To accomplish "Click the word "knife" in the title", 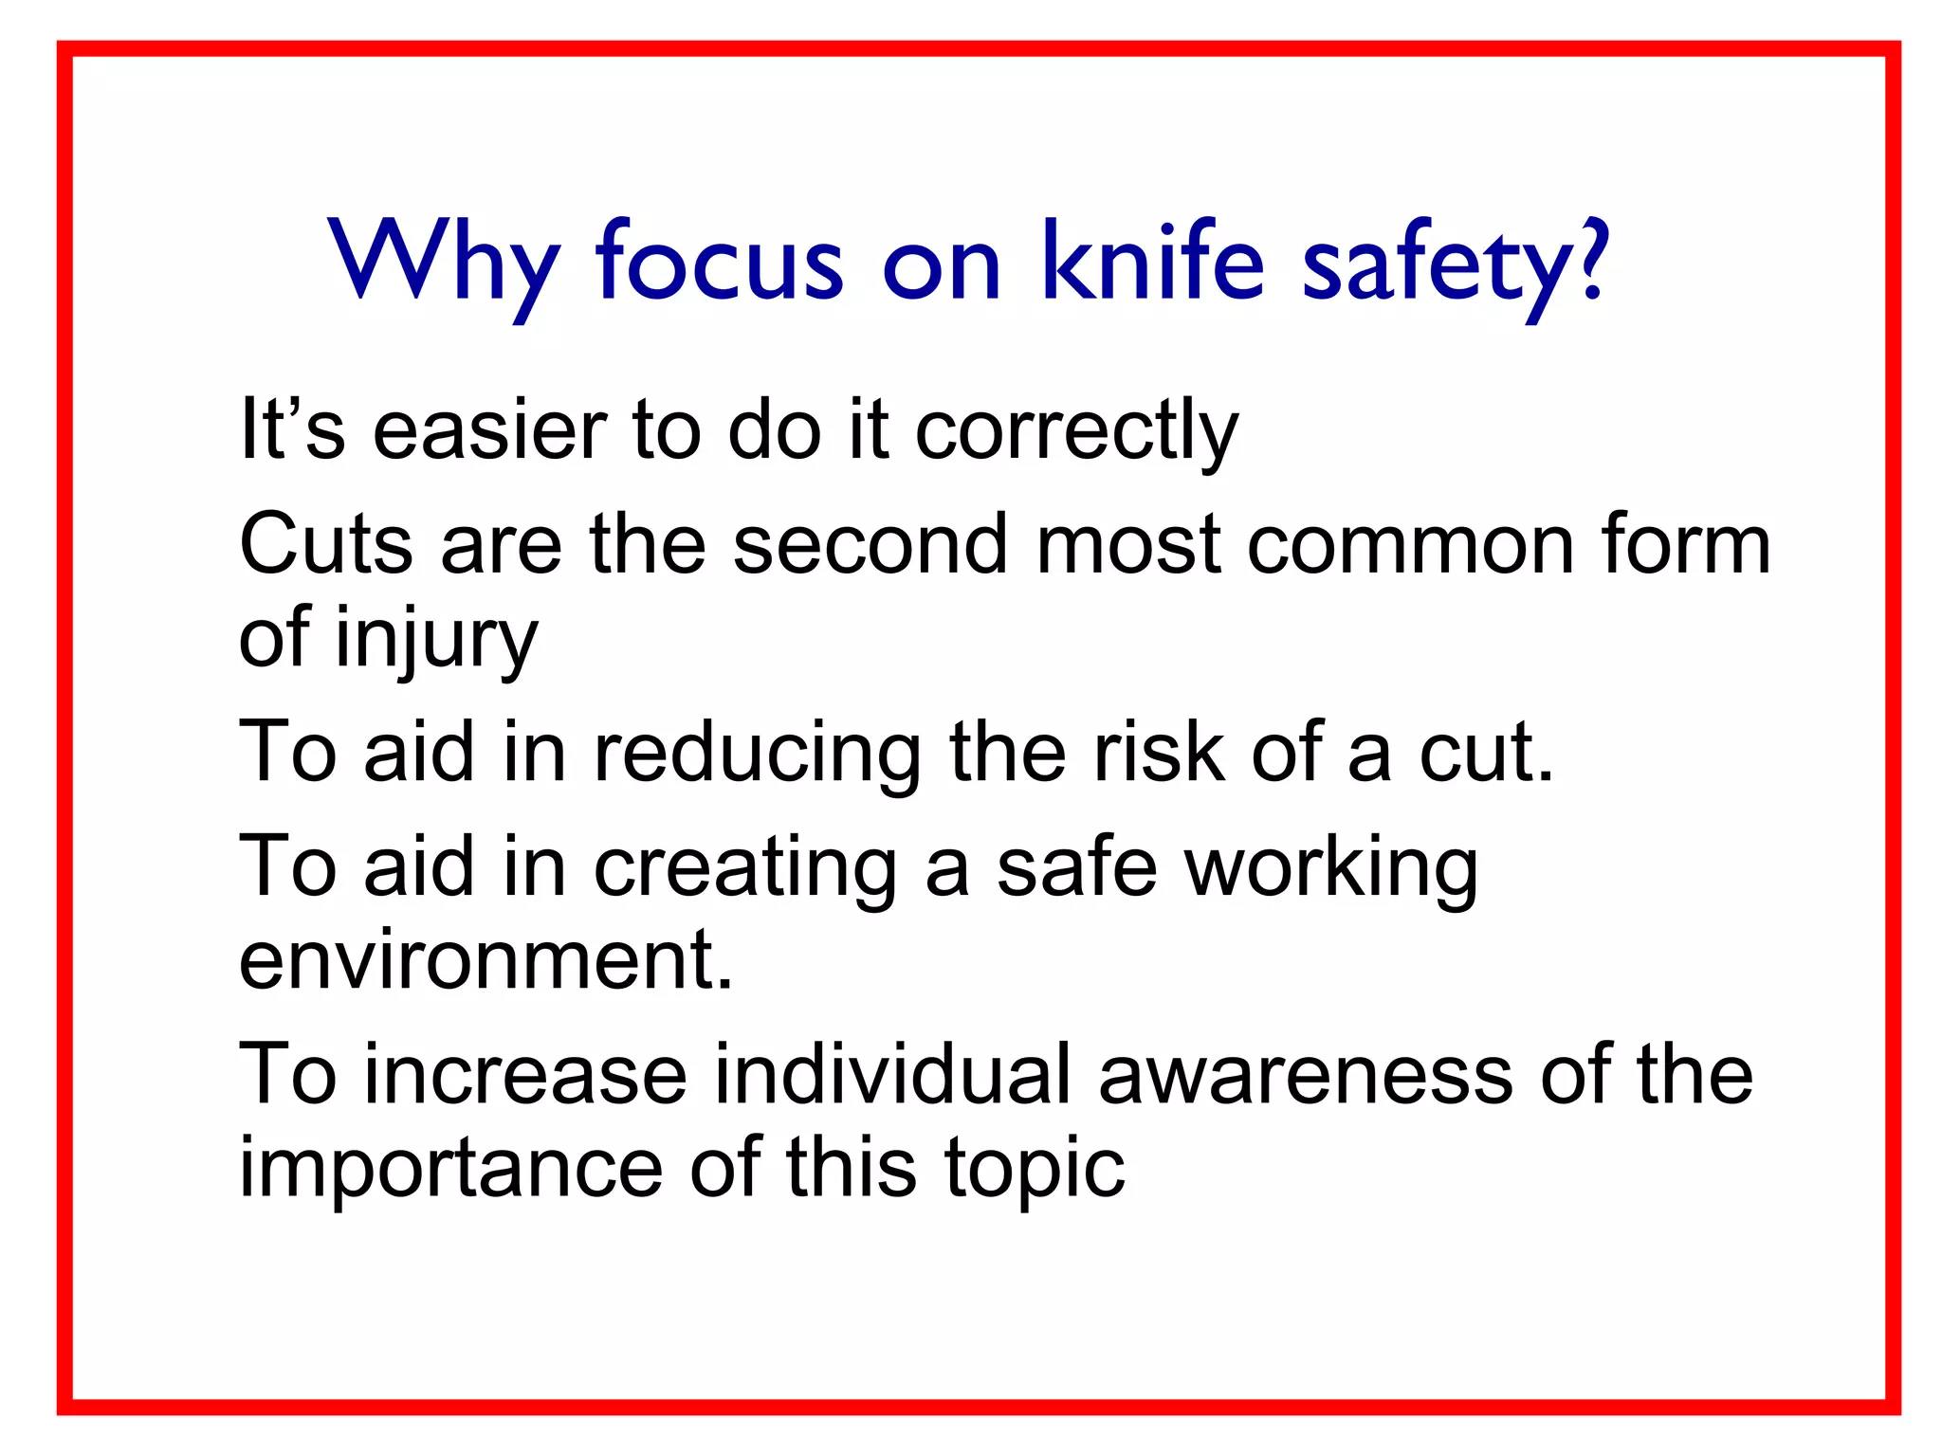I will click(x=1152, y=261).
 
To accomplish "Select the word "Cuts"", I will click(x=326, y=545).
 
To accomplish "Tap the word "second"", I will click(x=870, y=545).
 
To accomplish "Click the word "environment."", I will click(x=486, y=960).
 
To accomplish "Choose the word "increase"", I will click(x=525, y=1075).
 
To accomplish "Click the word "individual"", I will click(x=891, y=1075).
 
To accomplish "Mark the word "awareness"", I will click(x=1305, y=1077).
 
